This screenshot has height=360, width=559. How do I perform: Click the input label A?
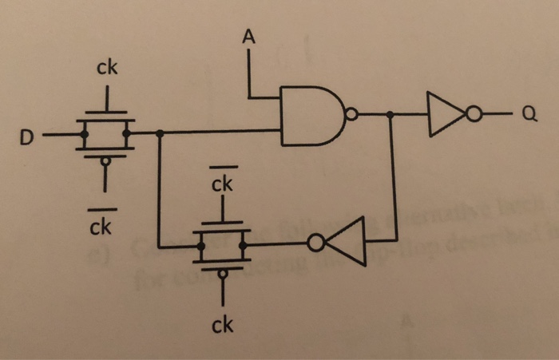(249, 36)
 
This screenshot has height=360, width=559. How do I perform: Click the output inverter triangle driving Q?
(442, 115)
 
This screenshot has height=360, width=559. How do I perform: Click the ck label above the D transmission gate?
(107, 69)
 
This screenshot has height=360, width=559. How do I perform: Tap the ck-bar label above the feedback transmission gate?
(222, 184)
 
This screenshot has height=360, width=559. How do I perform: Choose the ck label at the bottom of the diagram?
(222, 325)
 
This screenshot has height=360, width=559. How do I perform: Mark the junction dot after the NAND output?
(391, 116)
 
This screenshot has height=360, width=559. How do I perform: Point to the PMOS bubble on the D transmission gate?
(105, 160)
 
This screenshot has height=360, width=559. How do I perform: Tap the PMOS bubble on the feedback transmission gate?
(222, 273)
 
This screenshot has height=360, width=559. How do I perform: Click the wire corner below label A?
(250, 97)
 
